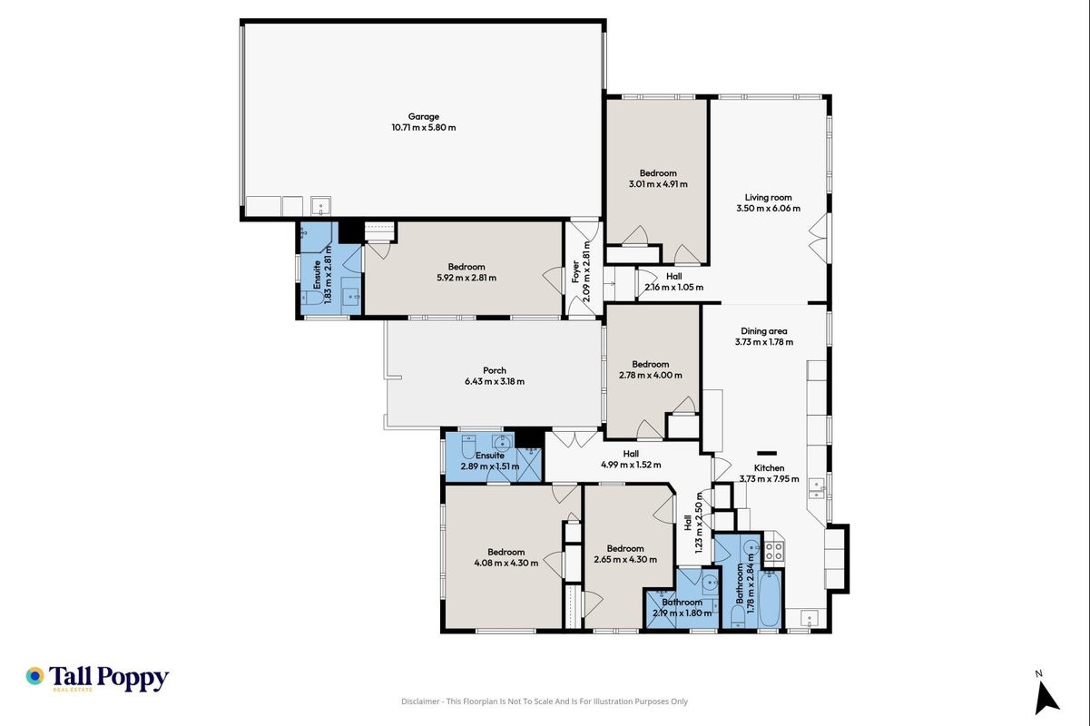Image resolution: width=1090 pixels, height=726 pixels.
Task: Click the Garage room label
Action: coord(423,117)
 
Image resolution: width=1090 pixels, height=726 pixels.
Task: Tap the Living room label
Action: coord(769,198)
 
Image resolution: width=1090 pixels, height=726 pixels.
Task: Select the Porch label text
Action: coord(495,371)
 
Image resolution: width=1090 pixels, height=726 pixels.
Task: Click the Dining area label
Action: coord(764,331)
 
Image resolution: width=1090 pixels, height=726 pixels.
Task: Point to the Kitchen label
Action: coord(769,468)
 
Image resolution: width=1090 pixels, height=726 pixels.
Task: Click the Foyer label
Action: coord(575,271)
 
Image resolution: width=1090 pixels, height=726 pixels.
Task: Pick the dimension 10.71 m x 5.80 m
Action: coord(424,128)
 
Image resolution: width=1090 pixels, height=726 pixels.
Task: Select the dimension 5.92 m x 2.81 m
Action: coord(466,278)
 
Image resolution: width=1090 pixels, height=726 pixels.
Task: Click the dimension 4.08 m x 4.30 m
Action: coord(506,563)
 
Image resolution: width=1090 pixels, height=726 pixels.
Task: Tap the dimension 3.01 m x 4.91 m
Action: coord(658,184)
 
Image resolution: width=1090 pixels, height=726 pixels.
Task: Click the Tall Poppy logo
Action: coord(97,678)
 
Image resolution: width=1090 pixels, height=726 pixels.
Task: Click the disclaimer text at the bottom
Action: coord(545,701)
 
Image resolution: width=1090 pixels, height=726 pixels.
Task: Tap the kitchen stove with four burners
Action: coord(774,552)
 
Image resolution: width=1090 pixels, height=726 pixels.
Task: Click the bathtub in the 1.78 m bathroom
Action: coord(770,599)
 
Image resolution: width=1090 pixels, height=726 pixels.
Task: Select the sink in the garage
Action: coord(320,206)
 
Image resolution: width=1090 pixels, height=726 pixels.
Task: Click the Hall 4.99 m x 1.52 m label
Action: coord(631,459)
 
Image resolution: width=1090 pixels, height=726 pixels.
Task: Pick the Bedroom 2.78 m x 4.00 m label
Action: coord(651,370)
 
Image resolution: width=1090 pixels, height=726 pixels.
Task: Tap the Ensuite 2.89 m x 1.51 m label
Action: coord(490,461)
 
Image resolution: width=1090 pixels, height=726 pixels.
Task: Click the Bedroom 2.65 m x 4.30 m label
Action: coord(625,554)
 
